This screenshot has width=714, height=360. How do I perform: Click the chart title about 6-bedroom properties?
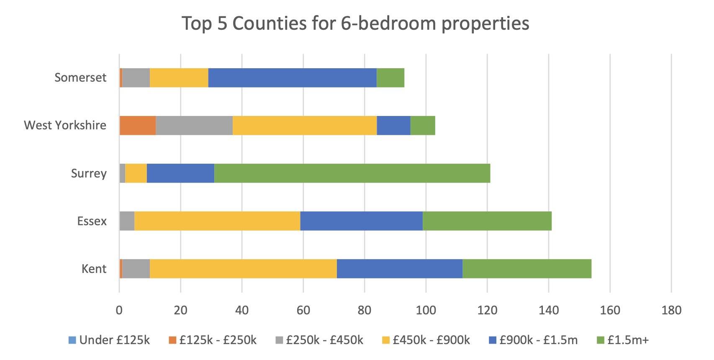coord(355,23)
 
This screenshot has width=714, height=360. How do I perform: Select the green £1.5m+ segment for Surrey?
coord(352,173)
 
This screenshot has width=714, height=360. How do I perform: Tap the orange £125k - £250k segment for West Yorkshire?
coord(138,126)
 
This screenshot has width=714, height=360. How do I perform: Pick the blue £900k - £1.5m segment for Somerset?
coord(292,78)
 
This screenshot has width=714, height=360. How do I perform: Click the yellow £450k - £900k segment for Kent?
coord(243,269)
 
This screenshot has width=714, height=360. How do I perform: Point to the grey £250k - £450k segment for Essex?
coord(127,221)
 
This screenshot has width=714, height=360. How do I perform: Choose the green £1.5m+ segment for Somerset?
coord(390,78)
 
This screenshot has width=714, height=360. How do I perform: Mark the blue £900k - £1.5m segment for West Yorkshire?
coord(393,126)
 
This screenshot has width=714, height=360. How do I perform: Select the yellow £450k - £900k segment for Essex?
coord(217,221)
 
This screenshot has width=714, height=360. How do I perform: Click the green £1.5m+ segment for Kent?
coord(527,269)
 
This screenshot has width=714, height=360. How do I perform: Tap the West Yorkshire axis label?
coord(65,125)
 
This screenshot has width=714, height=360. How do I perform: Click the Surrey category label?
coord(89,173)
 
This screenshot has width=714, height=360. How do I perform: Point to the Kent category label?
coord(94,269)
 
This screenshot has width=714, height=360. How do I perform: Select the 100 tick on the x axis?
coord(426,310)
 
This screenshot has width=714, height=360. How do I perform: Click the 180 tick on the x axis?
coord(671,310)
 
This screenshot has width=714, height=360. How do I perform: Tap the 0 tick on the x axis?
coord(119,310)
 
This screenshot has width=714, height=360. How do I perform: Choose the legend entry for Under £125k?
coord(109,340)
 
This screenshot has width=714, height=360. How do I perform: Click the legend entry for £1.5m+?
coord(623,340)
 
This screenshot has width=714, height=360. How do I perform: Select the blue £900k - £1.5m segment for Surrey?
coord(180,173)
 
